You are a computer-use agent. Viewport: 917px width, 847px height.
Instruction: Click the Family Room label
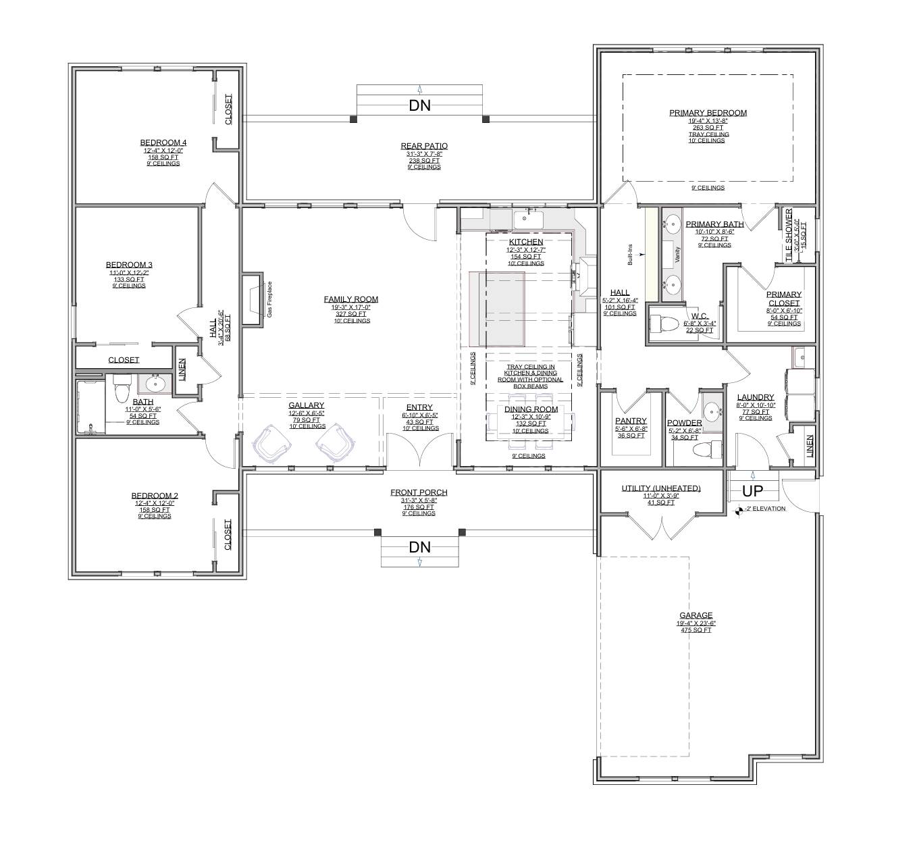[x=350, y=299]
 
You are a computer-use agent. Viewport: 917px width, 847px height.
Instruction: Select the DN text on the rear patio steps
[x=419, y=105]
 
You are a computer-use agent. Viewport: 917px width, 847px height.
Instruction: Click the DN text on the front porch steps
[x=419, y=547]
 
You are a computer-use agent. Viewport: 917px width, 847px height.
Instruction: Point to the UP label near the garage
[x=752, y=491]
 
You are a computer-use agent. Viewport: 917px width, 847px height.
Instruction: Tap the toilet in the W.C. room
[x=666, y=324]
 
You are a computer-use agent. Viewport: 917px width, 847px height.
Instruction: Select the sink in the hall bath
[x=155, y=384]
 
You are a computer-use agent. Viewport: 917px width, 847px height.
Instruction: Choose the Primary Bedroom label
[x=708, y=113]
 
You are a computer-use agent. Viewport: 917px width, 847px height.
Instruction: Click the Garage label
[x=696, y=615]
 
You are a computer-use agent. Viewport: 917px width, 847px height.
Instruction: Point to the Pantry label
[x=631, y=421]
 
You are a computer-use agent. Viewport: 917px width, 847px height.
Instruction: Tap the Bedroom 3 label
[x=129, y=265]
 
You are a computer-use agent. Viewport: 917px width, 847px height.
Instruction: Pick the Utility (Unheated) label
[x=660, y=488]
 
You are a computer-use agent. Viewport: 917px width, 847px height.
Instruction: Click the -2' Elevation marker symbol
[x=740, y=509]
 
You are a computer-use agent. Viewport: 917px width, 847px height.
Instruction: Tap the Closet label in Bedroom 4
[x=228, y=109]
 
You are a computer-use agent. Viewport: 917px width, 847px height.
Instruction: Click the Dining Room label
[x=531, y=409]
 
